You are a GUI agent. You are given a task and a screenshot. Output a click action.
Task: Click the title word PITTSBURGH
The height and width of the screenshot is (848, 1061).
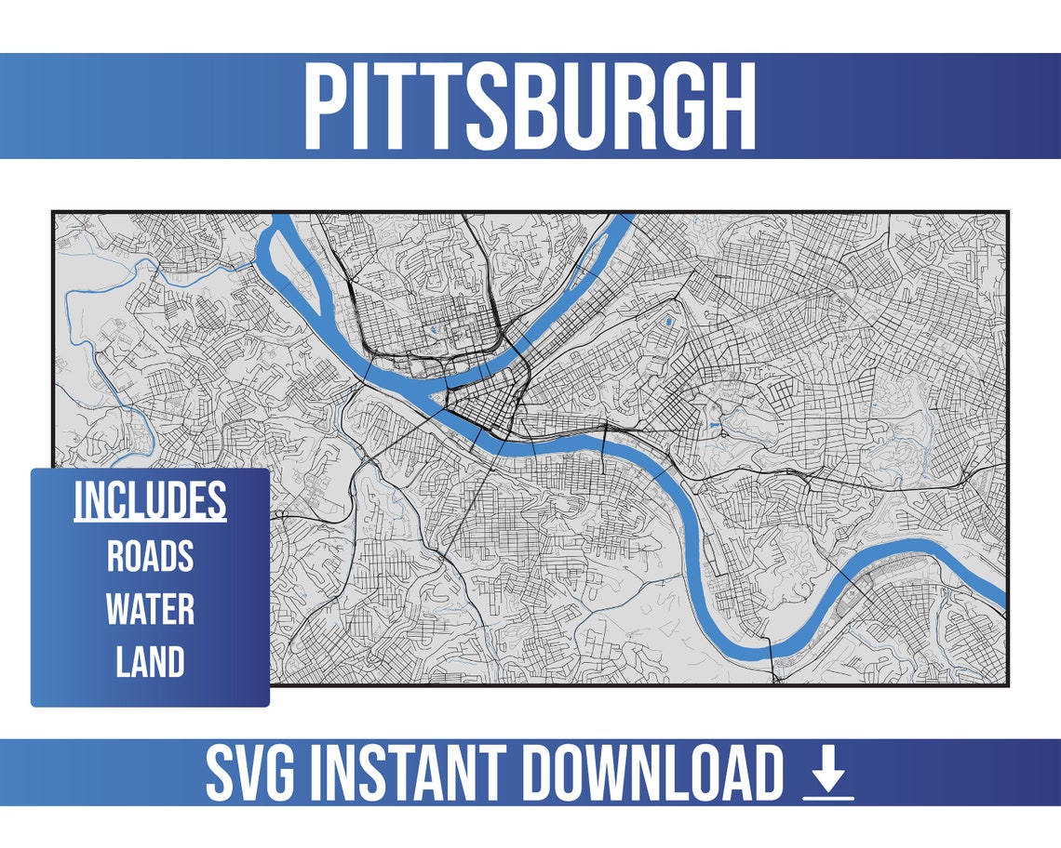click(530, 106)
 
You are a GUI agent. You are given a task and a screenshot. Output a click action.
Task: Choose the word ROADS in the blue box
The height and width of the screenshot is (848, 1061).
click(150, 556)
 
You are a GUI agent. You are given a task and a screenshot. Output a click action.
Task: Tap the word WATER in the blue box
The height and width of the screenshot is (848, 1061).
click(150, 610)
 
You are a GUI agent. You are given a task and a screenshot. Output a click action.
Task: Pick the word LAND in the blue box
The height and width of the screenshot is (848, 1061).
click(150, 663)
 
